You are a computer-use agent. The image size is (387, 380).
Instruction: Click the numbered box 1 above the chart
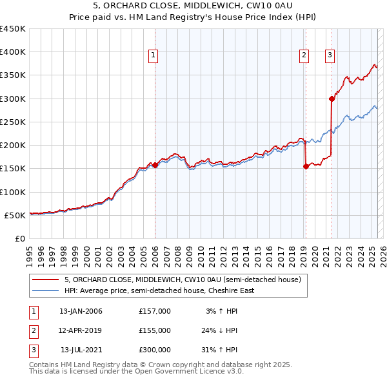pos(154,56)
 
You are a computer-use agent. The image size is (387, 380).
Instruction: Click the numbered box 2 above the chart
pos(303,56)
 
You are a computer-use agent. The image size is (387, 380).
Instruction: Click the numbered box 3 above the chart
pos(330,56)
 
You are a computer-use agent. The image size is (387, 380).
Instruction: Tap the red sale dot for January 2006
pos(155,166)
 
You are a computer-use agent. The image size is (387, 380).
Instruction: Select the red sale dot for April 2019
pos(306,166)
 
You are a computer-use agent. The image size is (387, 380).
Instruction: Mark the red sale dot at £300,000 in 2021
pos(332,99)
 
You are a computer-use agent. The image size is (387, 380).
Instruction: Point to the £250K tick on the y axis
pos(13,122)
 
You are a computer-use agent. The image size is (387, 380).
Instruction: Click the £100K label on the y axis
pos(13,192)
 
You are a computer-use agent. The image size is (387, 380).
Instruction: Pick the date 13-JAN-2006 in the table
pos(81,311)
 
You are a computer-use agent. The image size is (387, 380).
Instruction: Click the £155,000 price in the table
pos(155,330)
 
